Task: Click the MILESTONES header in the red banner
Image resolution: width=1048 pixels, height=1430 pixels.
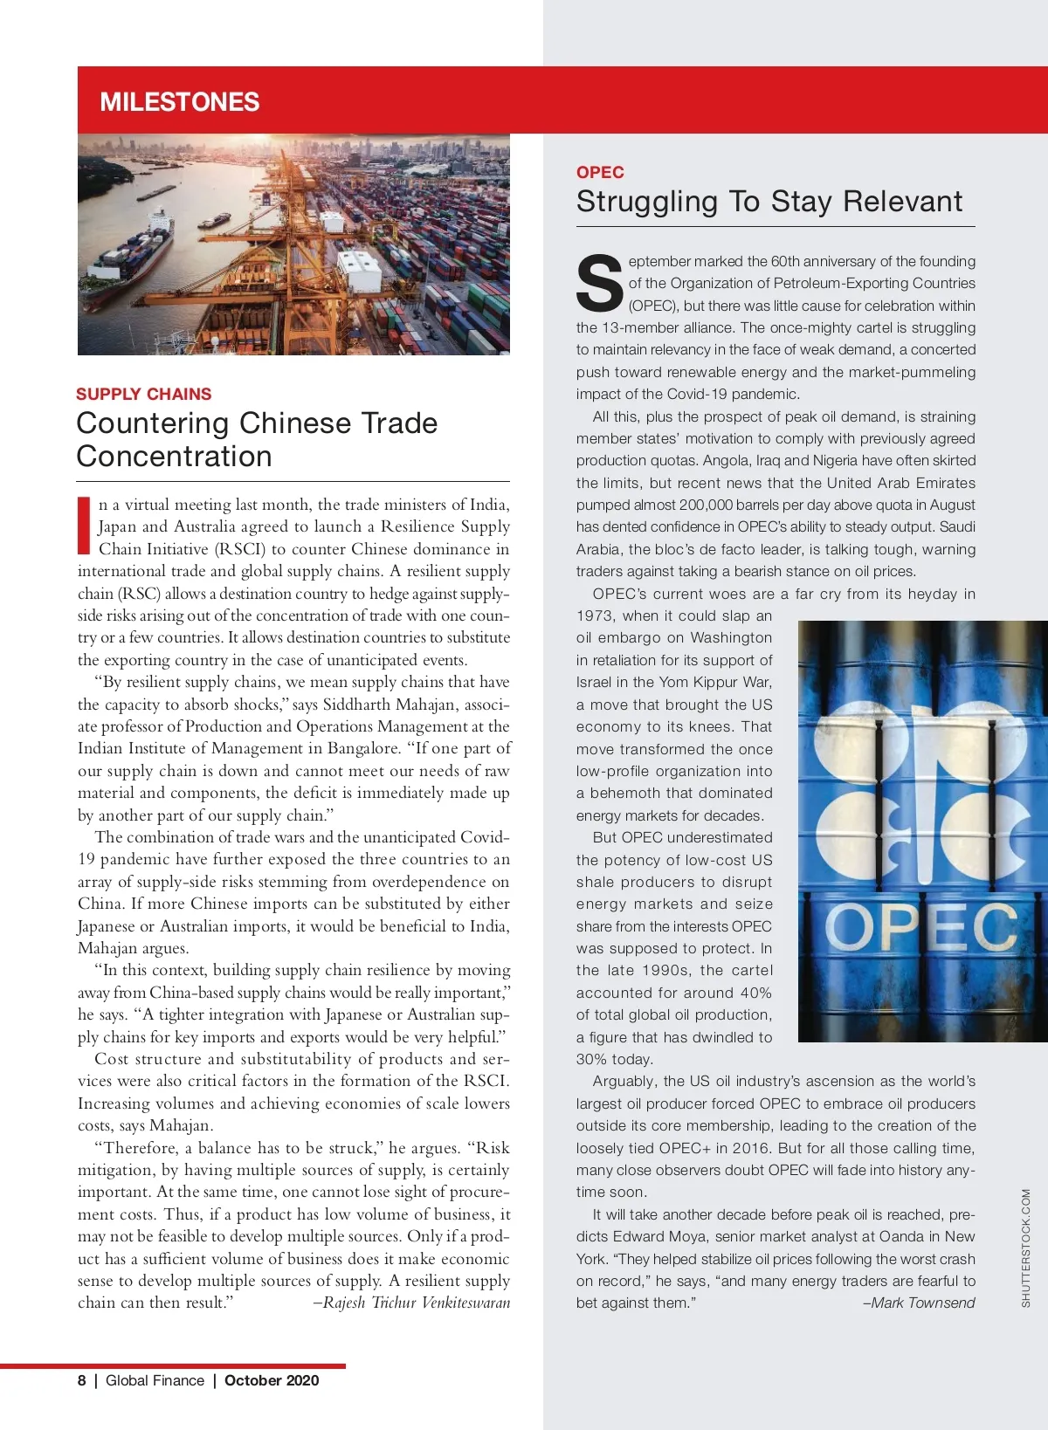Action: [179, 102]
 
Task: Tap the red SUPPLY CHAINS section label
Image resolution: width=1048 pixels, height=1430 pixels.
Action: [143, 394]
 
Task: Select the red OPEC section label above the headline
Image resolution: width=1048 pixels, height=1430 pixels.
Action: [600, 172]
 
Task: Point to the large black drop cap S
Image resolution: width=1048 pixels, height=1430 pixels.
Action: [599, 283]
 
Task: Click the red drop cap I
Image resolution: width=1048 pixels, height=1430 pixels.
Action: [84, 526]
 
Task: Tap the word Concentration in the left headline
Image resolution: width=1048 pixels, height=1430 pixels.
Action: [174, 457]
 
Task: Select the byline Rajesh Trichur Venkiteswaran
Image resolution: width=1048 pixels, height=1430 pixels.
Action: [416, 1303]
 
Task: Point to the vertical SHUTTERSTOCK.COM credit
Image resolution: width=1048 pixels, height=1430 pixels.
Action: [1025, 1248]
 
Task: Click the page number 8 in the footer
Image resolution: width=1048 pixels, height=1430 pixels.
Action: [81, 1380]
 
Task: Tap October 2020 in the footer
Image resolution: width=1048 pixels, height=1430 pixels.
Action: [272, 1380]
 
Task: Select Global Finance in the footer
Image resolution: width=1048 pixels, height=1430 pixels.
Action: [155, 1380]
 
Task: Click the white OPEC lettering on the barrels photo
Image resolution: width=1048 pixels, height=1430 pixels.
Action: [920, 926]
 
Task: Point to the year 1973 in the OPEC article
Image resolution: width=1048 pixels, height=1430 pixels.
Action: [596, 615]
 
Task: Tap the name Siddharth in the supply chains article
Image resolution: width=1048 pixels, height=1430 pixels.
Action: [357, 705]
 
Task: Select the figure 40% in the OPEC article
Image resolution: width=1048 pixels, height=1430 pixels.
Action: [755, 993]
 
